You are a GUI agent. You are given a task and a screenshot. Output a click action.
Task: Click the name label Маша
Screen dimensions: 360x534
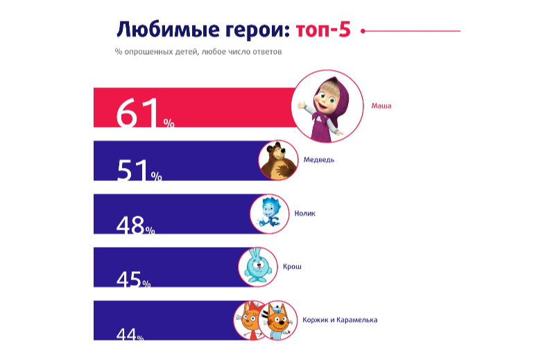point(381,106)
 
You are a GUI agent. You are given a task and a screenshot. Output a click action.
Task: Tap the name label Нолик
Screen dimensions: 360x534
point(305,213)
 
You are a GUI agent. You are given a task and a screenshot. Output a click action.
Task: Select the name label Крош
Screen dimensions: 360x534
point(292,266)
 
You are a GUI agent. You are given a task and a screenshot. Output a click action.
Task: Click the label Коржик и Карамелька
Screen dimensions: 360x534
point(340,320)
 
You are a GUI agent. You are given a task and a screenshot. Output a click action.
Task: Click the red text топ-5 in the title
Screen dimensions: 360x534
point(323,30)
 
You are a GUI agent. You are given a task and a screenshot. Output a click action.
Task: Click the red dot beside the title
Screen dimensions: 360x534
point(363,31)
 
